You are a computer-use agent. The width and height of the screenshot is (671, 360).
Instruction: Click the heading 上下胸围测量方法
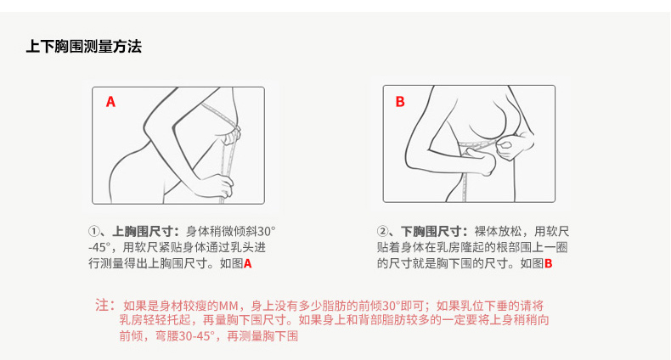84,46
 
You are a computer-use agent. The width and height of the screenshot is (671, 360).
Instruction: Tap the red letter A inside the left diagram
110,102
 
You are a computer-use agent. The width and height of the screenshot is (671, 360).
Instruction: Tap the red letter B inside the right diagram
400,102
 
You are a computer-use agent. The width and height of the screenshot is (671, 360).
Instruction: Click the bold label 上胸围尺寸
143,232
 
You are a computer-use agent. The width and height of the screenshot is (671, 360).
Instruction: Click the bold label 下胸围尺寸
431,232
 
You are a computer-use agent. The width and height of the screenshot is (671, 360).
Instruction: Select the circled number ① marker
93,232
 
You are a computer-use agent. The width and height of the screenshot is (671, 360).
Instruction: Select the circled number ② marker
382,232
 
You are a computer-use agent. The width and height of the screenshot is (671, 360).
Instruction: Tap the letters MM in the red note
228,307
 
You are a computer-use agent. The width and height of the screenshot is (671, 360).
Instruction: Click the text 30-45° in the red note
196,336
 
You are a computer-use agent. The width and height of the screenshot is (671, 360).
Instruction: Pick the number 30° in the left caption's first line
267,232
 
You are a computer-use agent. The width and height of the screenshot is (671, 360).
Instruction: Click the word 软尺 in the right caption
557,232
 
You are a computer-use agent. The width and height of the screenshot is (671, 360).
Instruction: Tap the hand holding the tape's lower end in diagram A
219,187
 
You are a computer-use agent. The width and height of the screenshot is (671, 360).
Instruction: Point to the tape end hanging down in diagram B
465,188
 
